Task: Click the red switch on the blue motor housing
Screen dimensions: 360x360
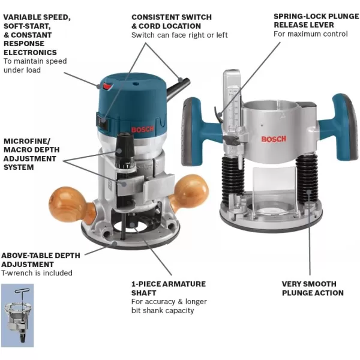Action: pos(108,87)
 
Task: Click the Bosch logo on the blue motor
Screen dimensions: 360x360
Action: pos(142,128)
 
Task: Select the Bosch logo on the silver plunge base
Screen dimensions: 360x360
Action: pos(274,139)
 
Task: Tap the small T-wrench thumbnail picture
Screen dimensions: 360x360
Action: pos(17,315)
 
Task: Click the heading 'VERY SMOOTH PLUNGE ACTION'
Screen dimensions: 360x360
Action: pos(313,288)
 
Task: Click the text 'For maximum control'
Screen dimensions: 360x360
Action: pos(310,34)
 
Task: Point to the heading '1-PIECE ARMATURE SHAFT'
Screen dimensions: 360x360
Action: pos(168,288)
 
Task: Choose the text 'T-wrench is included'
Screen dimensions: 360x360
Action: pos(37,273)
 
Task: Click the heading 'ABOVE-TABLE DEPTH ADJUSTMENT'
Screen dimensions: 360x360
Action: pos(40,259)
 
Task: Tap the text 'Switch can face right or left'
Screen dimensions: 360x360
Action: pos(179,35)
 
